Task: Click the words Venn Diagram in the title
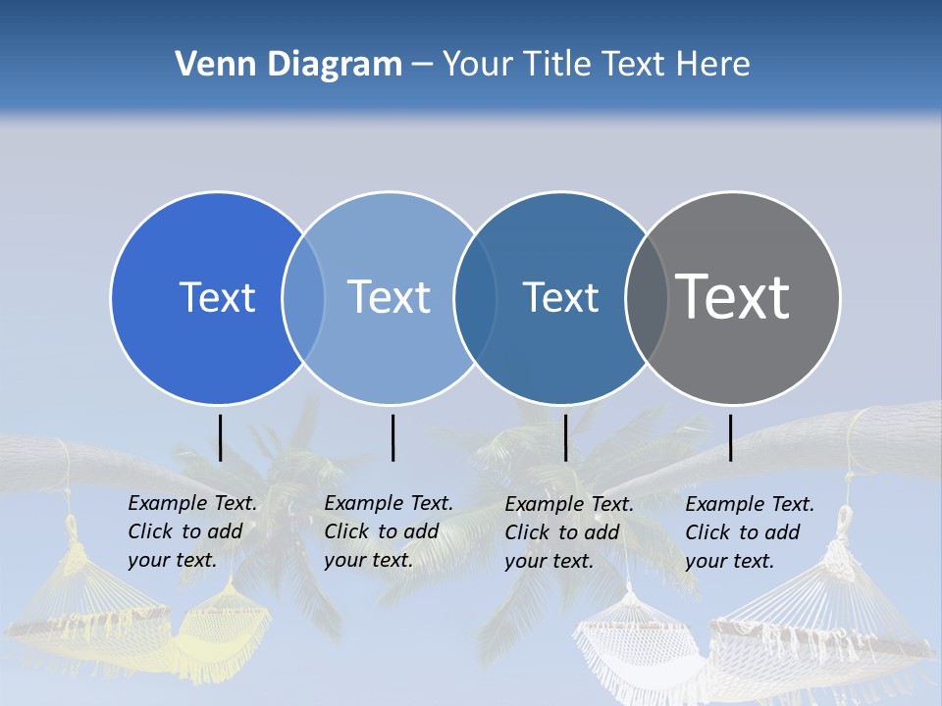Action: (288, 65)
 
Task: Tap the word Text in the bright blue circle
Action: (217, 297)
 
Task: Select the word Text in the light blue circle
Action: (389, 297)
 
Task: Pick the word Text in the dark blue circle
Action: (560, 297)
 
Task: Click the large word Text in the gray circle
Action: (733, 297)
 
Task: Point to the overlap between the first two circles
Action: (303, 297)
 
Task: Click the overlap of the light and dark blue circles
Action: (475, 297)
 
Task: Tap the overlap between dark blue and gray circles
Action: (647, 297)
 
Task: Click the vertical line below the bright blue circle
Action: (221, 437)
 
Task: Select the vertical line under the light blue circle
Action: (392, 437)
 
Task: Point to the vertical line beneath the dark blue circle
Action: (565, 437)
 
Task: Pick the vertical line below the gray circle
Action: (731, 437)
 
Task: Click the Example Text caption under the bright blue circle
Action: (191, 531)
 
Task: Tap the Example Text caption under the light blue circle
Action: (388, 531)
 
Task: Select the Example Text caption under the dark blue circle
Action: (568, 532)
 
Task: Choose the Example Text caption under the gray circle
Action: (749, 532)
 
